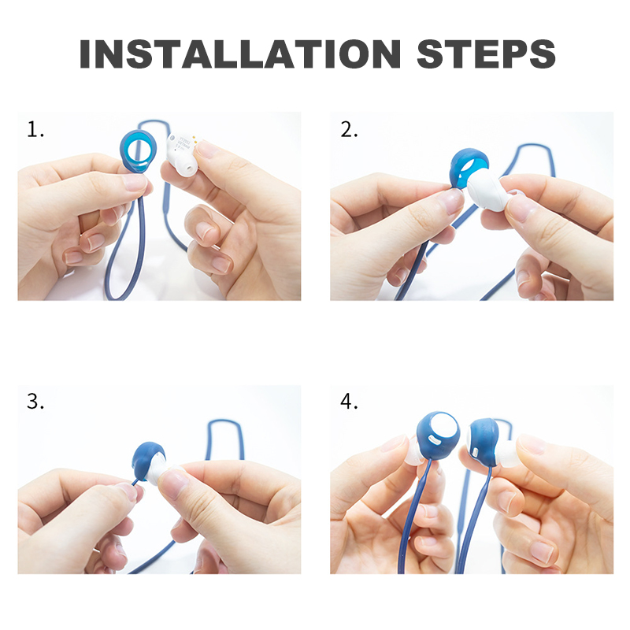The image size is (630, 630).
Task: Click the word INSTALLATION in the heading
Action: point(240,54)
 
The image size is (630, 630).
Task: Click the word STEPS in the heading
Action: point(486,54)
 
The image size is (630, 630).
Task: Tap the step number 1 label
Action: point(35,130)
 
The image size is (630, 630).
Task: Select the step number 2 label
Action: point(349,130)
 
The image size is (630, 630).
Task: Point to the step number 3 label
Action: point(35,402)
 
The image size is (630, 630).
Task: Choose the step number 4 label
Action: point(349,402)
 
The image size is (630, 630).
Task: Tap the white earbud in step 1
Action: point(183,153)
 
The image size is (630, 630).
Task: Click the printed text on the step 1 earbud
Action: point(183,143)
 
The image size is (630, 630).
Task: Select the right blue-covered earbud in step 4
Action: point(484,441)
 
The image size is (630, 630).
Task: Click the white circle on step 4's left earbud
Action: point(445,428)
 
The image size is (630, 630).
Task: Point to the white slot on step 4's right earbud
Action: point(475,452)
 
